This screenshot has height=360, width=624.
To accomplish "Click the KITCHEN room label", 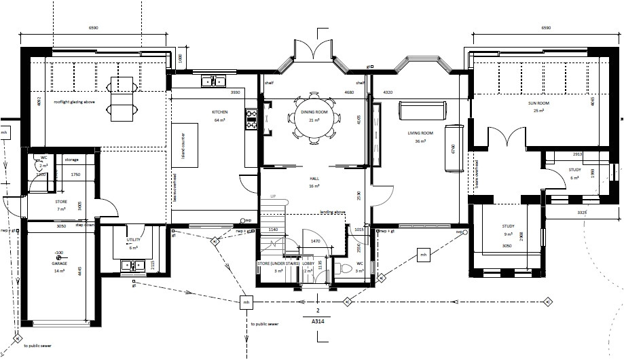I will [x=219, y=111].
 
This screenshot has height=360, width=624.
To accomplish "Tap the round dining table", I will [x=314, y=117].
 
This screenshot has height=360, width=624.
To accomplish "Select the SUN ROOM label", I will [x=539, y=103].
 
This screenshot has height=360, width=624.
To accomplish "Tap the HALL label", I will [x=314, y=178].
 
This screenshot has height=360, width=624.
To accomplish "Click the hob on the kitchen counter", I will [x=251, y=120].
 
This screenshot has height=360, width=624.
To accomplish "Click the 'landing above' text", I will [x=333, y=212].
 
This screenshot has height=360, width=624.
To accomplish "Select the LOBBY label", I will [x=308, y=264].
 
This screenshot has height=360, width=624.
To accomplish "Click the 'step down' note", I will [x=84, y=224].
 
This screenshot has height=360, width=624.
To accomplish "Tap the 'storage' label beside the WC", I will [x=71, y=160].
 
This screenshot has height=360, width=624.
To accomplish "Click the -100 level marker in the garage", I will [x=59, y=252].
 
